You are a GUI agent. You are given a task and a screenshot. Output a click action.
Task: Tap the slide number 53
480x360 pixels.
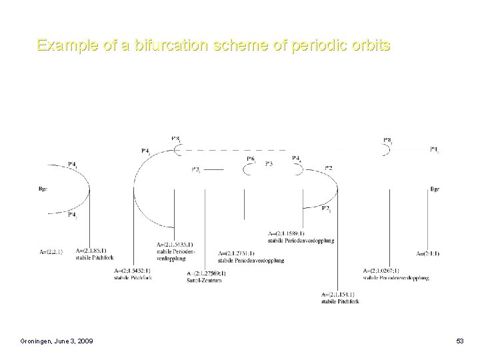459,342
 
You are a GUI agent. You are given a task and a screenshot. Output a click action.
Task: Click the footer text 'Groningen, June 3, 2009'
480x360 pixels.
56,342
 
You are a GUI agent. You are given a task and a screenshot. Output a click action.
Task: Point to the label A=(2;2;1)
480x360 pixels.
51,252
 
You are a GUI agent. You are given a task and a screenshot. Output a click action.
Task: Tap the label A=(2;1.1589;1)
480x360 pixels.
286,233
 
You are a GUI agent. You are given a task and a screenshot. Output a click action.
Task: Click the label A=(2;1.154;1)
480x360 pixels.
338,294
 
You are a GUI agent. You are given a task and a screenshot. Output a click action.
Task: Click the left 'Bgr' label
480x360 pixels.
42,189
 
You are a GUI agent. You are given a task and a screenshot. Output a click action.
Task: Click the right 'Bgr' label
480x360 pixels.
435,189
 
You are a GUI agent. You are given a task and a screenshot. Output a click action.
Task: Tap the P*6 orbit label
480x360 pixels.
251,159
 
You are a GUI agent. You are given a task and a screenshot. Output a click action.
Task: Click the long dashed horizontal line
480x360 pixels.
280,149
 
